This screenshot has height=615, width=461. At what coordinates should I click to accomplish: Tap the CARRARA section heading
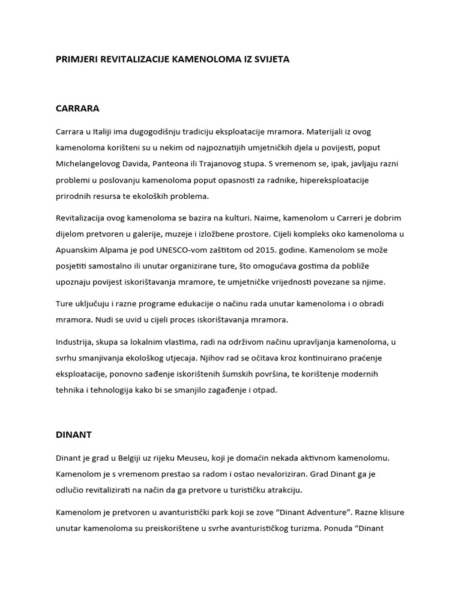77,109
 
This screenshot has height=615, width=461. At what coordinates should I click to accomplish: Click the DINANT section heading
73,433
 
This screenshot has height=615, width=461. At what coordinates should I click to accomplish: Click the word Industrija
75,342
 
